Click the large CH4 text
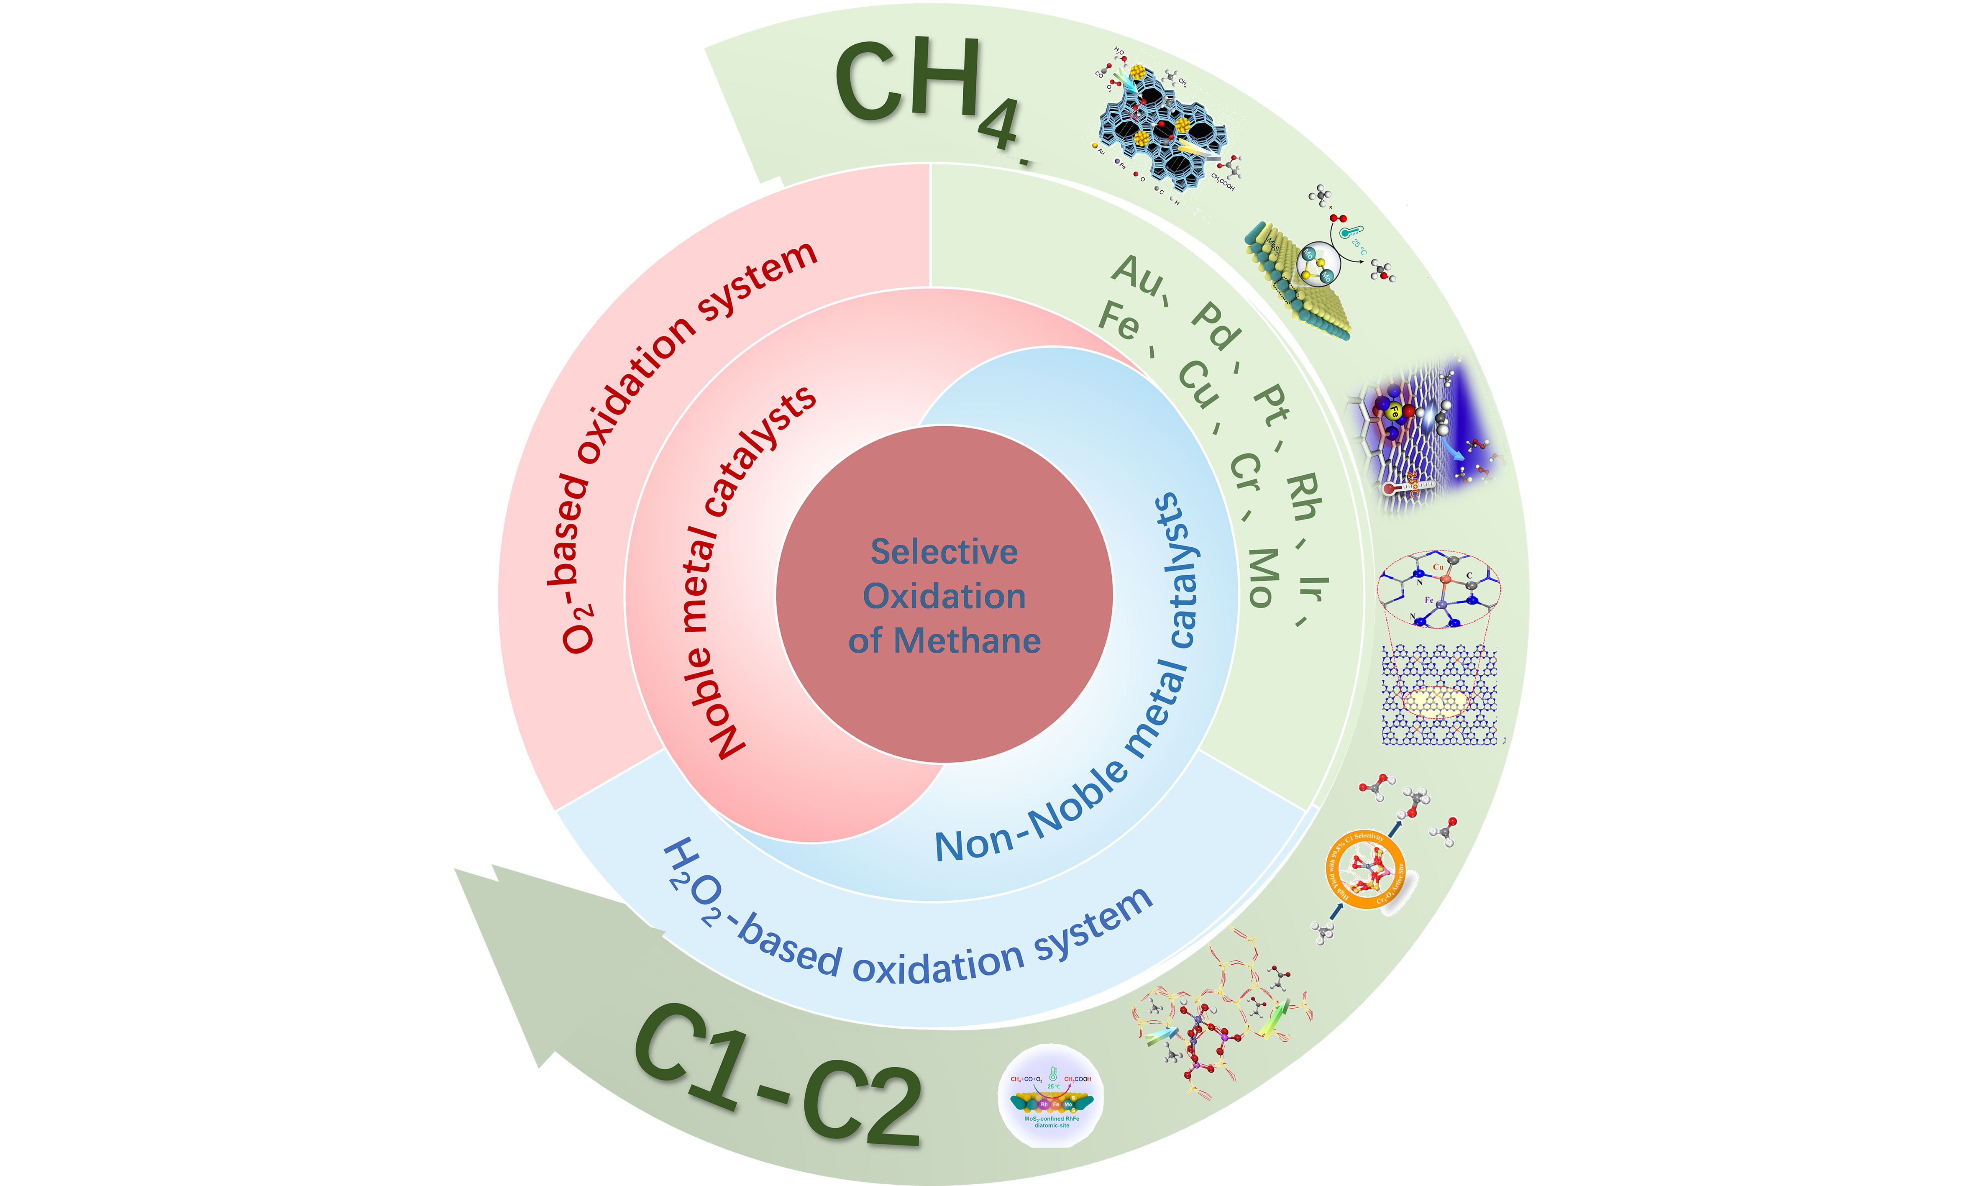(927, 88)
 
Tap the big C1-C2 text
(779, 1075)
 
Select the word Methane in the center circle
(967, 641)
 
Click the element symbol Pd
(1216, 326)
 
